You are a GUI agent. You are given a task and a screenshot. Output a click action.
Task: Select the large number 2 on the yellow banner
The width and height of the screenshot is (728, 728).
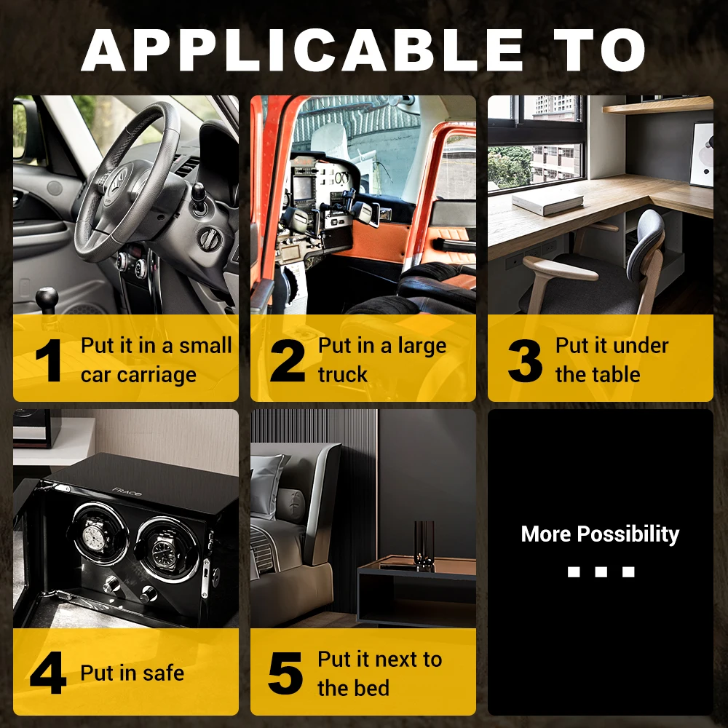288,360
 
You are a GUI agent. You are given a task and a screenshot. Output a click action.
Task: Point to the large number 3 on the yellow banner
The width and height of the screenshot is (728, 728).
525,360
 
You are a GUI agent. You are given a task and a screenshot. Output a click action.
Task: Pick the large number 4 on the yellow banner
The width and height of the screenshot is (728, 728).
48,673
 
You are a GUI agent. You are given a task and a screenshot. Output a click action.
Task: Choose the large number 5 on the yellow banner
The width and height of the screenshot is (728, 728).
285,673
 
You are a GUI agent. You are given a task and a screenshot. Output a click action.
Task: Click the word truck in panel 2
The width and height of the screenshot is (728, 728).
343,374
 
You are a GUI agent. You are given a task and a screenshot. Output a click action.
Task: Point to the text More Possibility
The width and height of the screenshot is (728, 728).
601,534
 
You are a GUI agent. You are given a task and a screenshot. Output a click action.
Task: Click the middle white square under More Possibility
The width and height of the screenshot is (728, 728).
601,571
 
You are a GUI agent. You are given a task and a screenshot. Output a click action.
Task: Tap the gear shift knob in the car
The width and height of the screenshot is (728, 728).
47,298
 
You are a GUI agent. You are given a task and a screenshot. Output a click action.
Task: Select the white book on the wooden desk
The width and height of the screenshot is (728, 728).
548,202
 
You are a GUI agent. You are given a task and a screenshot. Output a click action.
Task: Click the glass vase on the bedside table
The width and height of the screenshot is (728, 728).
424,545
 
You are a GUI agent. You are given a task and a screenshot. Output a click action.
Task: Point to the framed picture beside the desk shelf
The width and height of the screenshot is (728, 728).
701,154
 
